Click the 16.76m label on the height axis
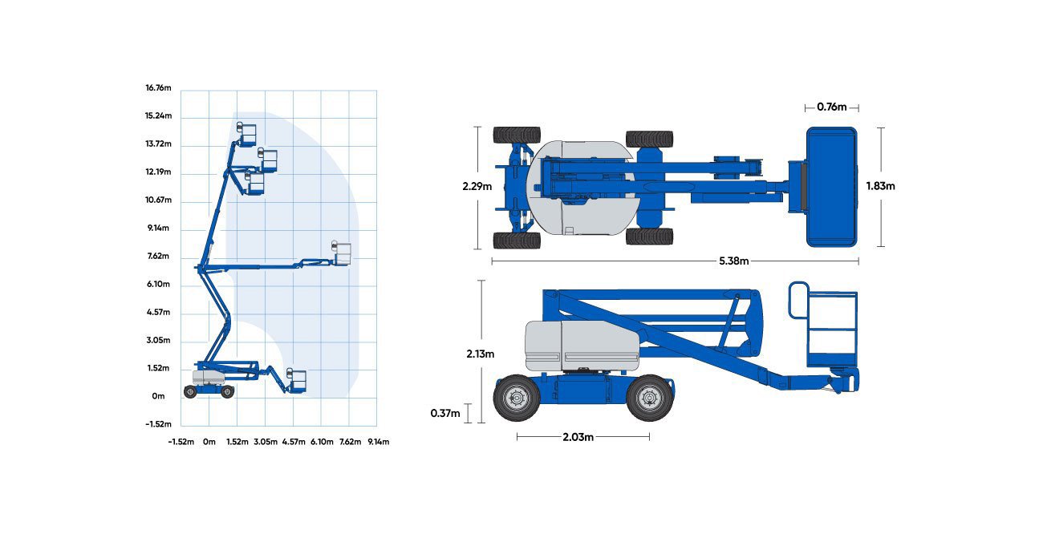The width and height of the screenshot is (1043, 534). (158, 88)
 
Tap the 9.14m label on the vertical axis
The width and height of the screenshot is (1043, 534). (158, 228)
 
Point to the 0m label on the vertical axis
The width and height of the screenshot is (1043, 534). (158, 396)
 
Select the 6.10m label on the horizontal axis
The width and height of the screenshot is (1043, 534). (322, 442)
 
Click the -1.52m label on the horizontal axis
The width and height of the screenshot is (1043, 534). (181, 442)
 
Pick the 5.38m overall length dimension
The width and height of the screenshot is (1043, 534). (734, 261)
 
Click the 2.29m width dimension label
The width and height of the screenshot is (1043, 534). (477, 187)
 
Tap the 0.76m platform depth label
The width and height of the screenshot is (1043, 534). (832, 107)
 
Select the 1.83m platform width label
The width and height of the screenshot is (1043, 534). (880, 186)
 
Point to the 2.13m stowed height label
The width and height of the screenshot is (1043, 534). (481, 354)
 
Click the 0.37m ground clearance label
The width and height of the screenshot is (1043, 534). (445, 413)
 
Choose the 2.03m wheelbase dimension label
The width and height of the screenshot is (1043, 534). (578, 437)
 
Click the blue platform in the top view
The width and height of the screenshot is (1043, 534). (832, 187)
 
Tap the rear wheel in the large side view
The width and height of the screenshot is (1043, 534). (517, 398)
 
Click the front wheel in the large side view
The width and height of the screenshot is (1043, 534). (649, 398)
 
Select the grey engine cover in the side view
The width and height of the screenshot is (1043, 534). (582, 345)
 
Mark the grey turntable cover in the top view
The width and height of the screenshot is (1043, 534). (580, 188)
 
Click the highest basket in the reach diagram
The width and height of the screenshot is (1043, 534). (247, 134)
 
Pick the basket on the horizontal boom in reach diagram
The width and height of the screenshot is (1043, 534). (341, 253)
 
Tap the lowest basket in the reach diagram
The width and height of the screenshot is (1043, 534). (297, 381)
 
